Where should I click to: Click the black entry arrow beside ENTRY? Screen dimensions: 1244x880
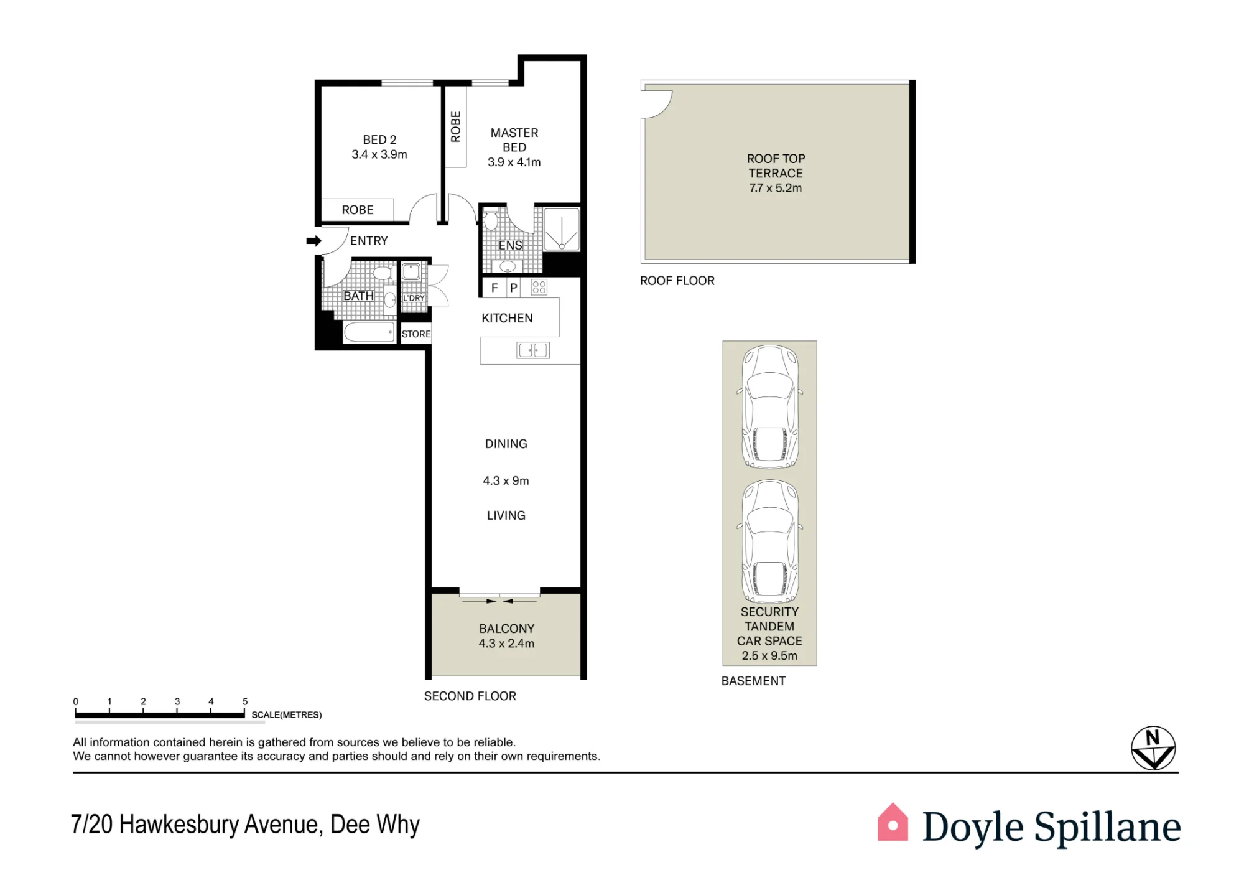[314, 241]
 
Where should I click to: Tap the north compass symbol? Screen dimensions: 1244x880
[1153, 748]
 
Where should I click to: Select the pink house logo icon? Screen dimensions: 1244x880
[893, 822]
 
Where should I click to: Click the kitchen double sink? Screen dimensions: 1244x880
[533, 350]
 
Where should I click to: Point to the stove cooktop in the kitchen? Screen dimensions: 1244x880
[539, 287]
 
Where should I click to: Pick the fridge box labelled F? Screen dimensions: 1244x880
[494, 288]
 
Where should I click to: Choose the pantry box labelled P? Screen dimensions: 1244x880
[514, 288]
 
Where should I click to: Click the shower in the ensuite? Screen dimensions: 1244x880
[562, 230]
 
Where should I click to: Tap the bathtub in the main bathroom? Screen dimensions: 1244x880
[369, 332]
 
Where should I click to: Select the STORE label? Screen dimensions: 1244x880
[416, 334]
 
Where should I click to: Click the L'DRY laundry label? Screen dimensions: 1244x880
[414, 298]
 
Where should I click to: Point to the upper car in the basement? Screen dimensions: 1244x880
[770, 406]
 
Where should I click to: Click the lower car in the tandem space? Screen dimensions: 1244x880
[770, 541]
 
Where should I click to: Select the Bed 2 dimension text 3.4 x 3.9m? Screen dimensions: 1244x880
[379, 154]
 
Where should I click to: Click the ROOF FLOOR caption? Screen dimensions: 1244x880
[677, 281]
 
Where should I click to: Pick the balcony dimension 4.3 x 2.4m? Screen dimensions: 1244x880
[506, 644]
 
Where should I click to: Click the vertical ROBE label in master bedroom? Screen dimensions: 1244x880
[456, 126]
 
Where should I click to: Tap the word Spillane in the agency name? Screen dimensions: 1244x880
[1107, 828]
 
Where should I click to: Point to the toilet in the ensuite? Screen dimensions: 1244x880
[491, 221]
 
